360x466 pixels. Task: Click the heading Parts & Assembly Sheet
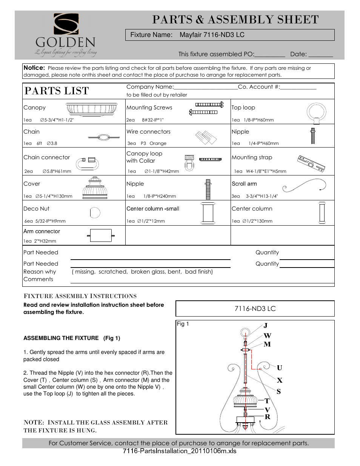coord(235,20)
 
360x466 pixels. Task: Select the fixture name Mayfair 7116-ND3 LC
coord(212,35)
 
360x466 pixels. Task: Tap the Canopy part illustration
coord(92,109)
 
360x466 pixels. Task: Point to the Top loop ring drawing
coord(316,113)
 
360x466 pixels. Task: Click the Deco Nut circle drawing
coord(95,213)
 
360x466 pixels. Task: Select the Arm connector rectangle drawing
coord(101,235)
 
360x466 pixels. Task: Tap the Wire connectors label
coord(148,132)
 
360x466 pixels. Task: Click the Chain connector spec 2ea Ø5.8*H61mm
coord(48,171)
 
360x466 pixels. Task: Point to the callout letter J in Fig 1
coord(265,326)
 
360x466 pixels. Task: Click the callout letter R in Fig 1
coord(267,417)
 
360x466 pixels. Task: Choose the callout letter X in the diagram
coord(279,380)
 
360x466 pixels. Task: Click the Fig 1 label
coord(183,324)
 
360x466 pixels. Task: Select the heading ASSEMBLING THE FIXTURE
coord(61,338)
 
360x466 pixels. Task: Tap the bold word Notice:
coord(34,68)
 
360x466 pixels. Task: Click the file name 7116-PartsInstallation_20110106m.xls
coord(179,451)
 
